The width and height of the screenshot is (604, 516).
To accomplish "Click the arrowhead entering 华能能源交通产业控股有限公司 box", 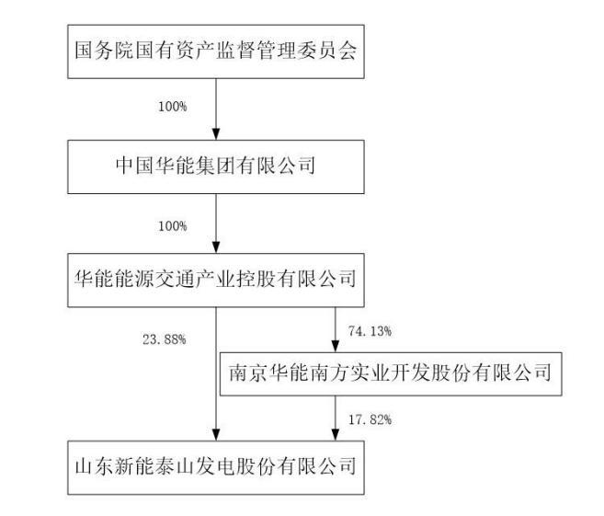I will (x=215, y=247).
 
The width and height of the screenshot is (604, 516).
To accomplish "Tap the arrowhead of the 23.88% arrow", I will (x=215, y=435).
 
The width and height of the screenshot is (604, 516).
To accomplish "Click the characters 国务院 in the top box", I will (x=101, y=49).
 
